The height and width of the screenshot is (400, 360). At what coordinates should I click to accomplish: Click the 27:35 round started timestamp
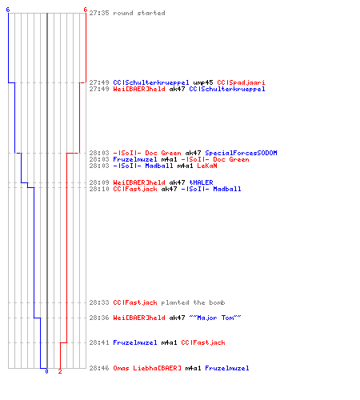tap(99, 13)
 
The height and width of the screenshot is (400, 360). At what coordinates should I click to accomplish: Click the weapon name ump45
tap(203, 82)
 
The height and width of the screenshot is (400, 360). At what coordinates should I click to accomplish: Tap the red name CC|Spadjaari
tap(241, 82)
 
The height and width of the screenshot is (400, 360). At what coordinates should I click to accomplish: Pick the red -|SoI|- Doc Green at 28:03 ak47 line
tap(147, 153)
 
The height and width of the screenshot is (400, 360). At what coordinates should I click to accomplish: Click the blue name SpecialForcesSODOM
tap(241, 153)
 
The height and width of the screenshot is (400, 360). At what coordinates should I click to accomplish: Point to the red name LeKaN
tap(207, 166)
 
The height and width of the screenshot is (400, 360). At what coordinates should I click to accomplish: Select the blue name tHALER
tap(201, 182)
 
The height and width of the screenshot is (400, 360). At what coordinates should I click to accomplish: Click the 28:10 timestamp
tap(99, 189)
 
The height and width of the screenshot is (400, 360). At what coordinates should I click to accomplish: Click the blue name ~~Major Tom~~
tap(215, 318)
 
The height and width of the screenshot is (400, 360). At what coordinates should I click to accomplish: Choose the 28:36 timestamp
tap(99, 318)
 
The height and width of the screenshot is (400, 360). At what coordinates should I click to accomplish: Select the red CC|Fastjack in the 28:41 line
tap(203, 342)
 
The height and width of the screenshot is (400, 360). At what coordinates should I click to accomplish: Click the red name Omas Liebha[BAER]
tap(147, 368)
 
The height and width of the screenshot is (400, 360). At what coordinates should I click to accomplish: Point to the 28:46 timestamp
tap(99, 368)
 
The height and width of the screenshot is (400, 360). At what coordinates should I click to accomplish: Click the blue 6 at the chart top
tap(8, 10)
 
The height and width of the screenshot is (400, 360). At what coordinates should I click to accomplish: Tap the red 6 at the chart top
tap(86, 10)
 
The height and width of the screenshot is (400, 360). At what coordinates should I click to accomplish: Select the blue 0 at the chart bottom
tap(46, 371)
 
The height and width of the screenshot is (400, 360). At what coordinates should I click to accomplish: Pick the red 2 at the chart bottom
tap(60, 371)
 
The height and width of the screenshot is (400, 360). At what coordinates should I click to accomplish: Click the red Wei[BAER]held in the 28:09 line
tap(139, 182)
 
